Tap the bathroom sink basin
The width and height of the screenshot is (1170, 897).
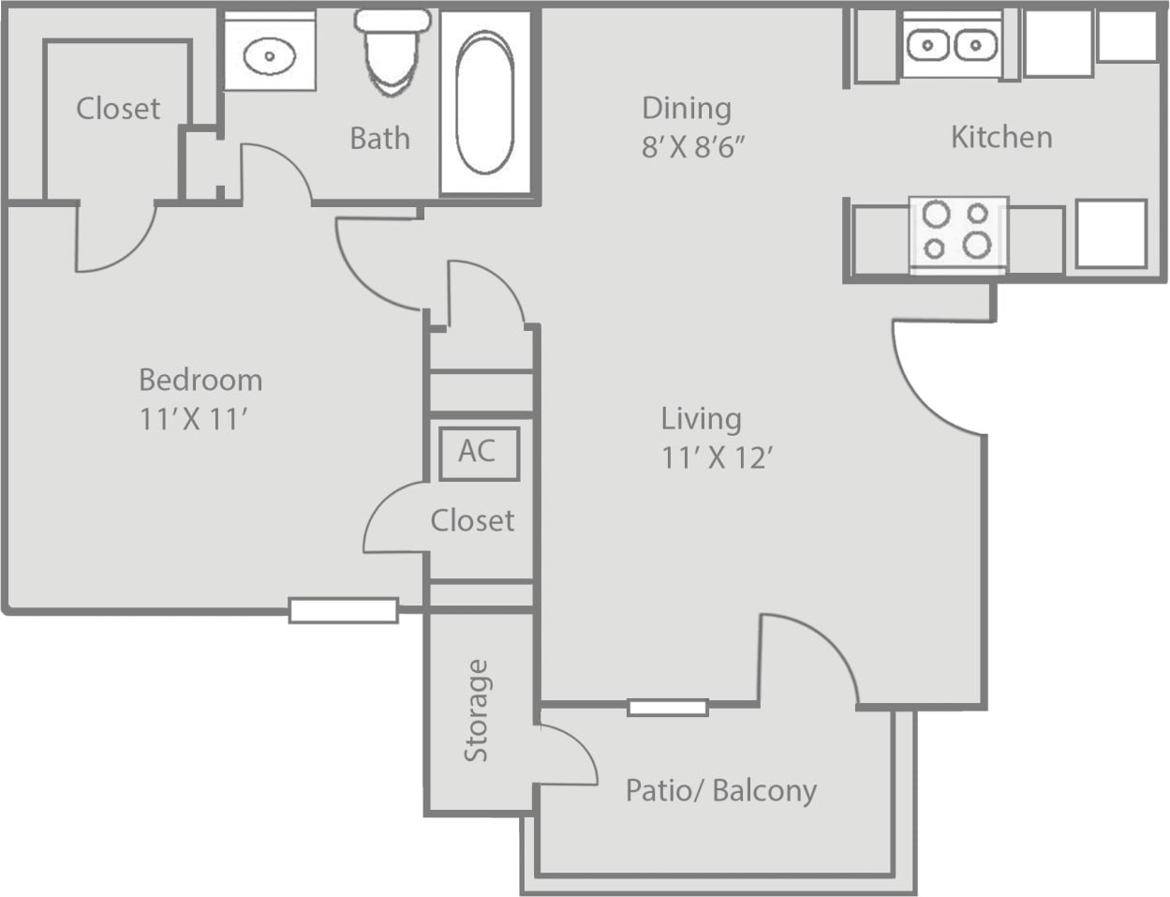tap(270, 56)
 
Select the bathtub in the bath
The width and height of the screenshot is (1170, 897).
tap(484, 103)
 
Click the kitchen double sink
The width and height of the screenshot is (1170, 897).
tap(952, 44)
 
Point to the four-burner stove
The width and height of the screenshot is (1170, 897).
tap(957, 231)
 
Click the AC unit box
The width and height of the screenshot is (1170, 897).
tap(479, 452)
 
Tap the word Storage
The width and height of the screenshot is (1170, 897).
tap(477, 710)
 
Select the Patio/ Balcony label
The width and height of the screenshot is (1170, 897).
tap(720, 790)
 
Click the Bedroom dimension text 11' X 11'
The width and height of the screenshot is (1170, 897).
tap(194, 419)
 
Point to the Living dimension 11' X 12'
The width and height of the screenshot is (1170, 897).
tap(717, 458)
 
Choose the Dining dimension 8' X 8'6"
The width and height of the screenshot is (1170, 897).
tap(693, 147)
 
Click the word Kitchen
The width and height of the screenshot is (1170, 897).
tap(1001, 137)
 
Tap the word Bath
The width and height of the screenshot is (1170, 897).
tap(379, 139)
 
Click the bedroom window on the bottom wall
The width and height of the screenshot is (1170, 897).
tap(343, 611)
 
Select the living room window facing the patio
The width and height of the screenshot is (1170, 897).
tap(667, 708)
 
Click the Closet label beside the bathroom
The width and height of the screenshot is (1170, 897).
tap(118, 109)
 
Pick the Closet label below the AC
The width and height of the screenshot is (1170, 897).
tap(472, 520)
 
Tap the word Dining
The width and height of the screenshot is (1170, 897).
tap(686, 108)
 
